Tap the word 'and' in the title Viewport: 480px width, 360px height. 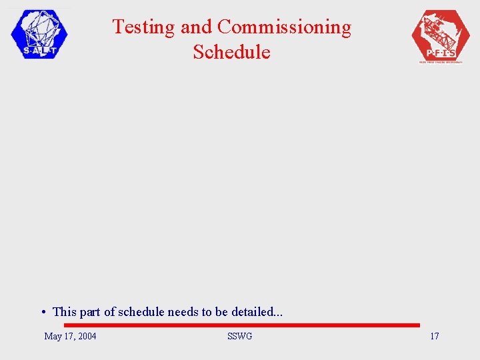[x=197, y=27]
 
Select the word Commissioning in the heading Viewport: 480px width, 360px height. [x=284, y=27]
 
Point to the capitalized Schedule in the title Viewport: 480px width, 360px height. [x=232, y=52]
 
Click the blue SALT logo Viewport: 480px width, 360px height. [x=39, y=34]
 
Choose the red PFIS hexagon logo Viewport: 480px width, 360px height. [x=441, y=36]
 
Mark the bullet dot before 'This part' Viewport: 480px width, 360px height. [x=42, y=312]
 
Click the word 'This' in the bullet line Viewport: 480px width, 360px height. [x=65, y=311]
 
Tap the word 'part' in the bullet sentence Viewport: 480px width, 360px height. [x=91, y=312]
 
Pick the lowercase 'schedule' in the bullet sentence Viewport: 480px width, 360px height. [x=141, y=311]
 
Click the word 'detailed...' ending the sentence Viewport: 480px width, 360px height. [x=257, y=311]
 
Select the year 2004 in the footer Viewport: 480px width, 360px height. [x=87, y=336]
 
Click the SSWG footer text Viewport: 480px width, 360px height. [x=239, y=336]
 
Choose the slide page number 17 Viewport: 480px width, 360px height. [x=434, y=336]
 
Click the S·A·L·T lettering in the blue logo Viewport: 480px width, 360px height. [x=39, y=50]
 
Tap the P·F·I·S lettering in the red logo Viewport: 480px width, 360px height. [x=440, y=52]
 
